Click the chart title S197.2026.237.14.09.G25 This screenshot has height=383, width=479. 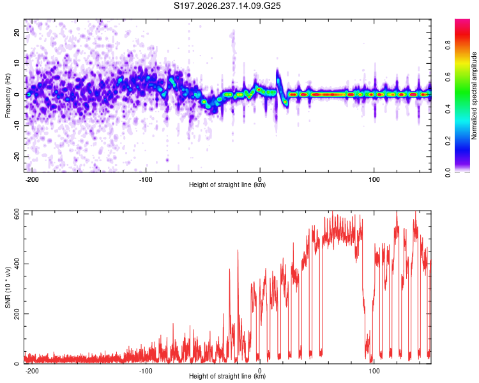point(227,6)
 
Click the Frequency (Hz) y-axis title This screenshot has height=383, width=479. point(8,96)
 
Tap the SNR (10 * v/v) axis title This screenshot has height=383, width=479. point(8,287)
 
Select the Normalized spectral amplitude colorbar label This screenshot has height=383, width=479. point(474,96)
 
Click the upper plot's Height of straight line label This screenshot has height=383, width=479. point(227,184)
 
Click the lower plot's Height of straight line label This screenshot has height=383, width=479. point(227,376)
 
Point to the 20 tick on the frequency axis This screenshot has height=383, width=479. point(17,32)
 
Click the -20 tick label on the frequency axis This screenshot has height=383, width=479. point(17,156)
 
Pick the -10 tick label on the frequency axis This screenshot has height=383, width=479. point(17,125)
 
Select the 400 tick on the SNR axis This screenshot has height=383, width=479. point(17,264)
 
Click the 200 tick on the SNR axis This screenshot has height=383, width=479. point(17,313)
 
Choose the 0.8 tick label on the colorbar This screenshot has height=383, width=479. point(448,45)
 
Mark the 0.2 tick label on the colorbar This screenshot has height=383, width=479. point(448,141)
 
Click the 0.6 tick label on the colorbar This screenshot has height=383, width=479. point(448,77)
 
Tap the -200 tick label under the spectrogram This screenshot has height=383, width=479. point(31,179)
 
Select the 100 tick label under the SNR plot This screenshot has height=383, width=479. point(374,371)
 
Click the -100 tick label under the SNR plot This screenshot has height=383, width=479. point(146,371)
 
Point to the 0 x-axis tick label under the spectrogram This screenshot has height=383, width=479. point(260,179)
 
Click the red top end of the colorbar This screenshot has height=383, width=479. point(462,21)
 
